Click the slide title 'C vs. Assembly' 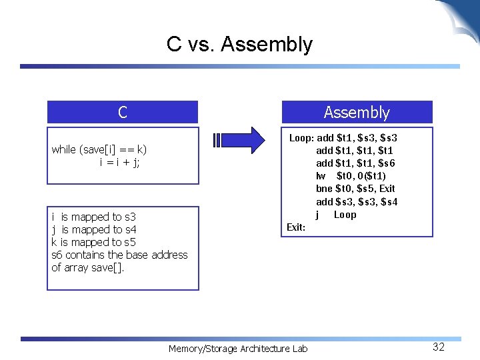click(x=239, y=45)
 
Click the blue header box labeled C click(x=123, y=112)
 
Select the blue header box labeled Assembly click(x=357, y=112)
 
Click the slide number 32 click(x=438, y=347)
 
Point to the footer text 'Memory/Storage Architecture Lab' click(x=238, y=349)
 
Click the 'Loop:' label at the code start click(x=301, y=138)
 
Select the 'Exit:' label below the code click(x=296, y=227)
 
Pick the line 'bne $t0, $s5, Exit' click(x=355, y=189)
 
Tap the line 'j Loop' click(x=336, y=215)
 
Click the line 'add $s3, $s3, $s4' click(x=357, y=201)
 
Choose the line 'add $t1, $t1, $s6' click(x=355, y=163)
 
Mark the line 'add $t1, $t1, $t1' click(x=355, y=151)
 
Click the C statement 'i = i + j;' click(x=119, y=162)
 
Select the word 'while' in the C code click(x=64, y=149)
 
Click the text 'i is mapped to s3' click(x=93, y=217)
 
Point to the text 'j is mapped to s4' click(x=93, y=229)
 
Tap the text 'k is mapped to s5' click(x=93, y=242)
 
